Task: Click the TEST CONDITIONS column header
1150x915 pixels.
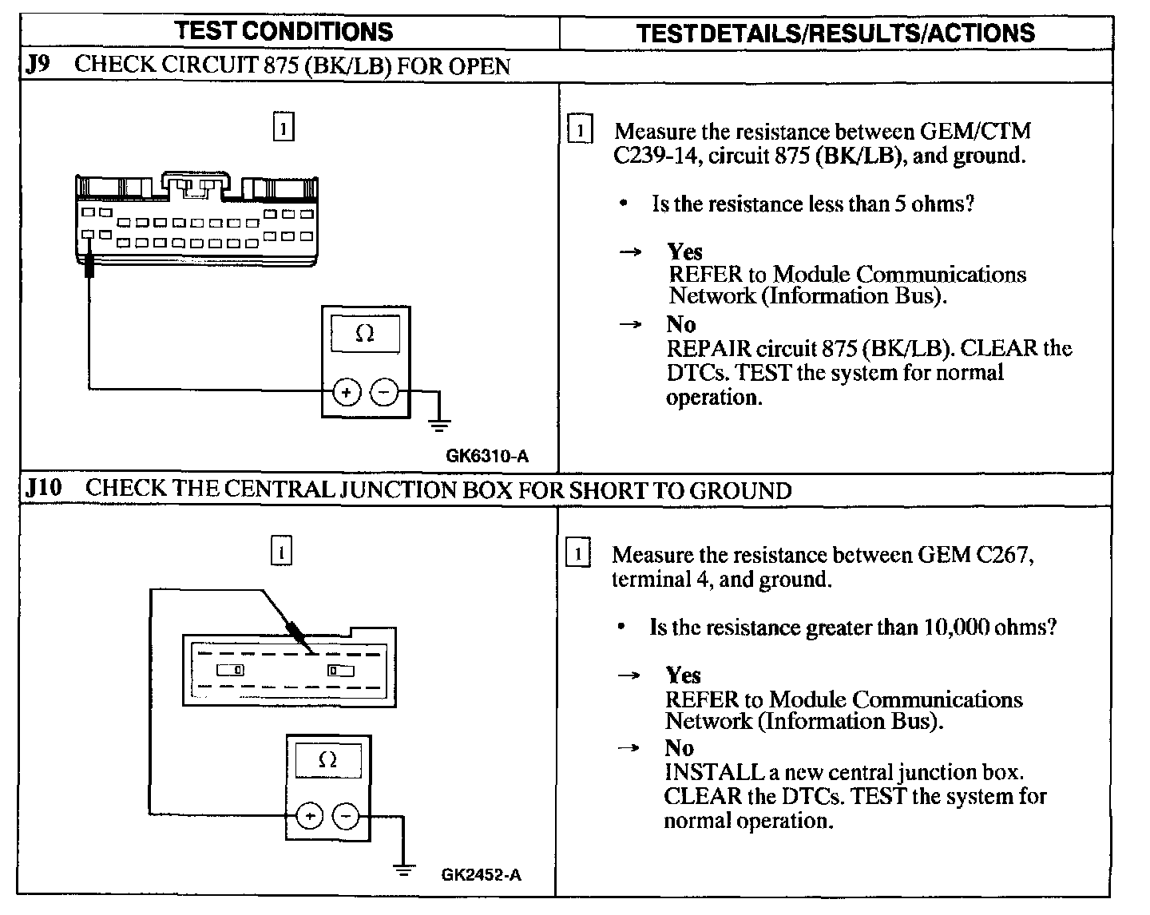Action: tap(284, 31)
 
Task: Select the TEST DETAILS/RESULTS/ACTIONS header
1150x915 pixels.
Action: tap(835, 33)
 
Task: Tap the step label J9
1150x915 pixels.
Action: tap(38, 65)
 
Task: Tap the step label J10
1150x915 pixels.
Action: tap(43, 488)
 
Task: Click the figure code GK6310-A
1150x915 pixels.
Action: tap(487, 457)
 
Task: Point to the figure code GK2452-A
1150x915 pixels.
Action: tap(482, 874)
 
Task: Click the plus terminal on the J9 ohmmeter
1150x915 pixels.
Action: tap(347, 392)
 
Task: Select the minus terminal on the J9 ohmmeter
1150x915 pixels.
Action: tap(385, 392)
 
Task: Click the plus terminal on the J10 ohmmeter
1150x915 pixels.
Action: tap(310, 816)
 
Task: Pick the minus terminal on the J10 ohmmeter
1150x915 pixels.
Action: tap(346, 816)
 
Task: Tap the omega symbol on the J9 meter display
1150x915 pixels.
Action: tap(365, 335)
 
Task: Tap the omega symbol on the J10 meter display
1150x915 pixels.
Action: tap(327, 759)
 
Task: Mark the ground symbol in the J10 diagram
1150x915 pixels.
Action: tap(405, 869)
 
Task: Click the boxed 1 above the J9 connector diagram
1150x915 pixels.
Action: tap(284, 128)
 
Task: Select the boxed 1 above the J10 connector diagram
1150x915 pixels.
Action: tap(282, 551)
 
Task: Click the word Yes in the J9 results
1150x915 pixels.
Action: tap(684, 252)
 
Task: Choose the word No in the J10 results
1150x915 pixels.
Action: tap(679, 748)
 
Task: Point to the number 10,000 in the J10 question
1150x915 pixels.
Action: tap(956, 628)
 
